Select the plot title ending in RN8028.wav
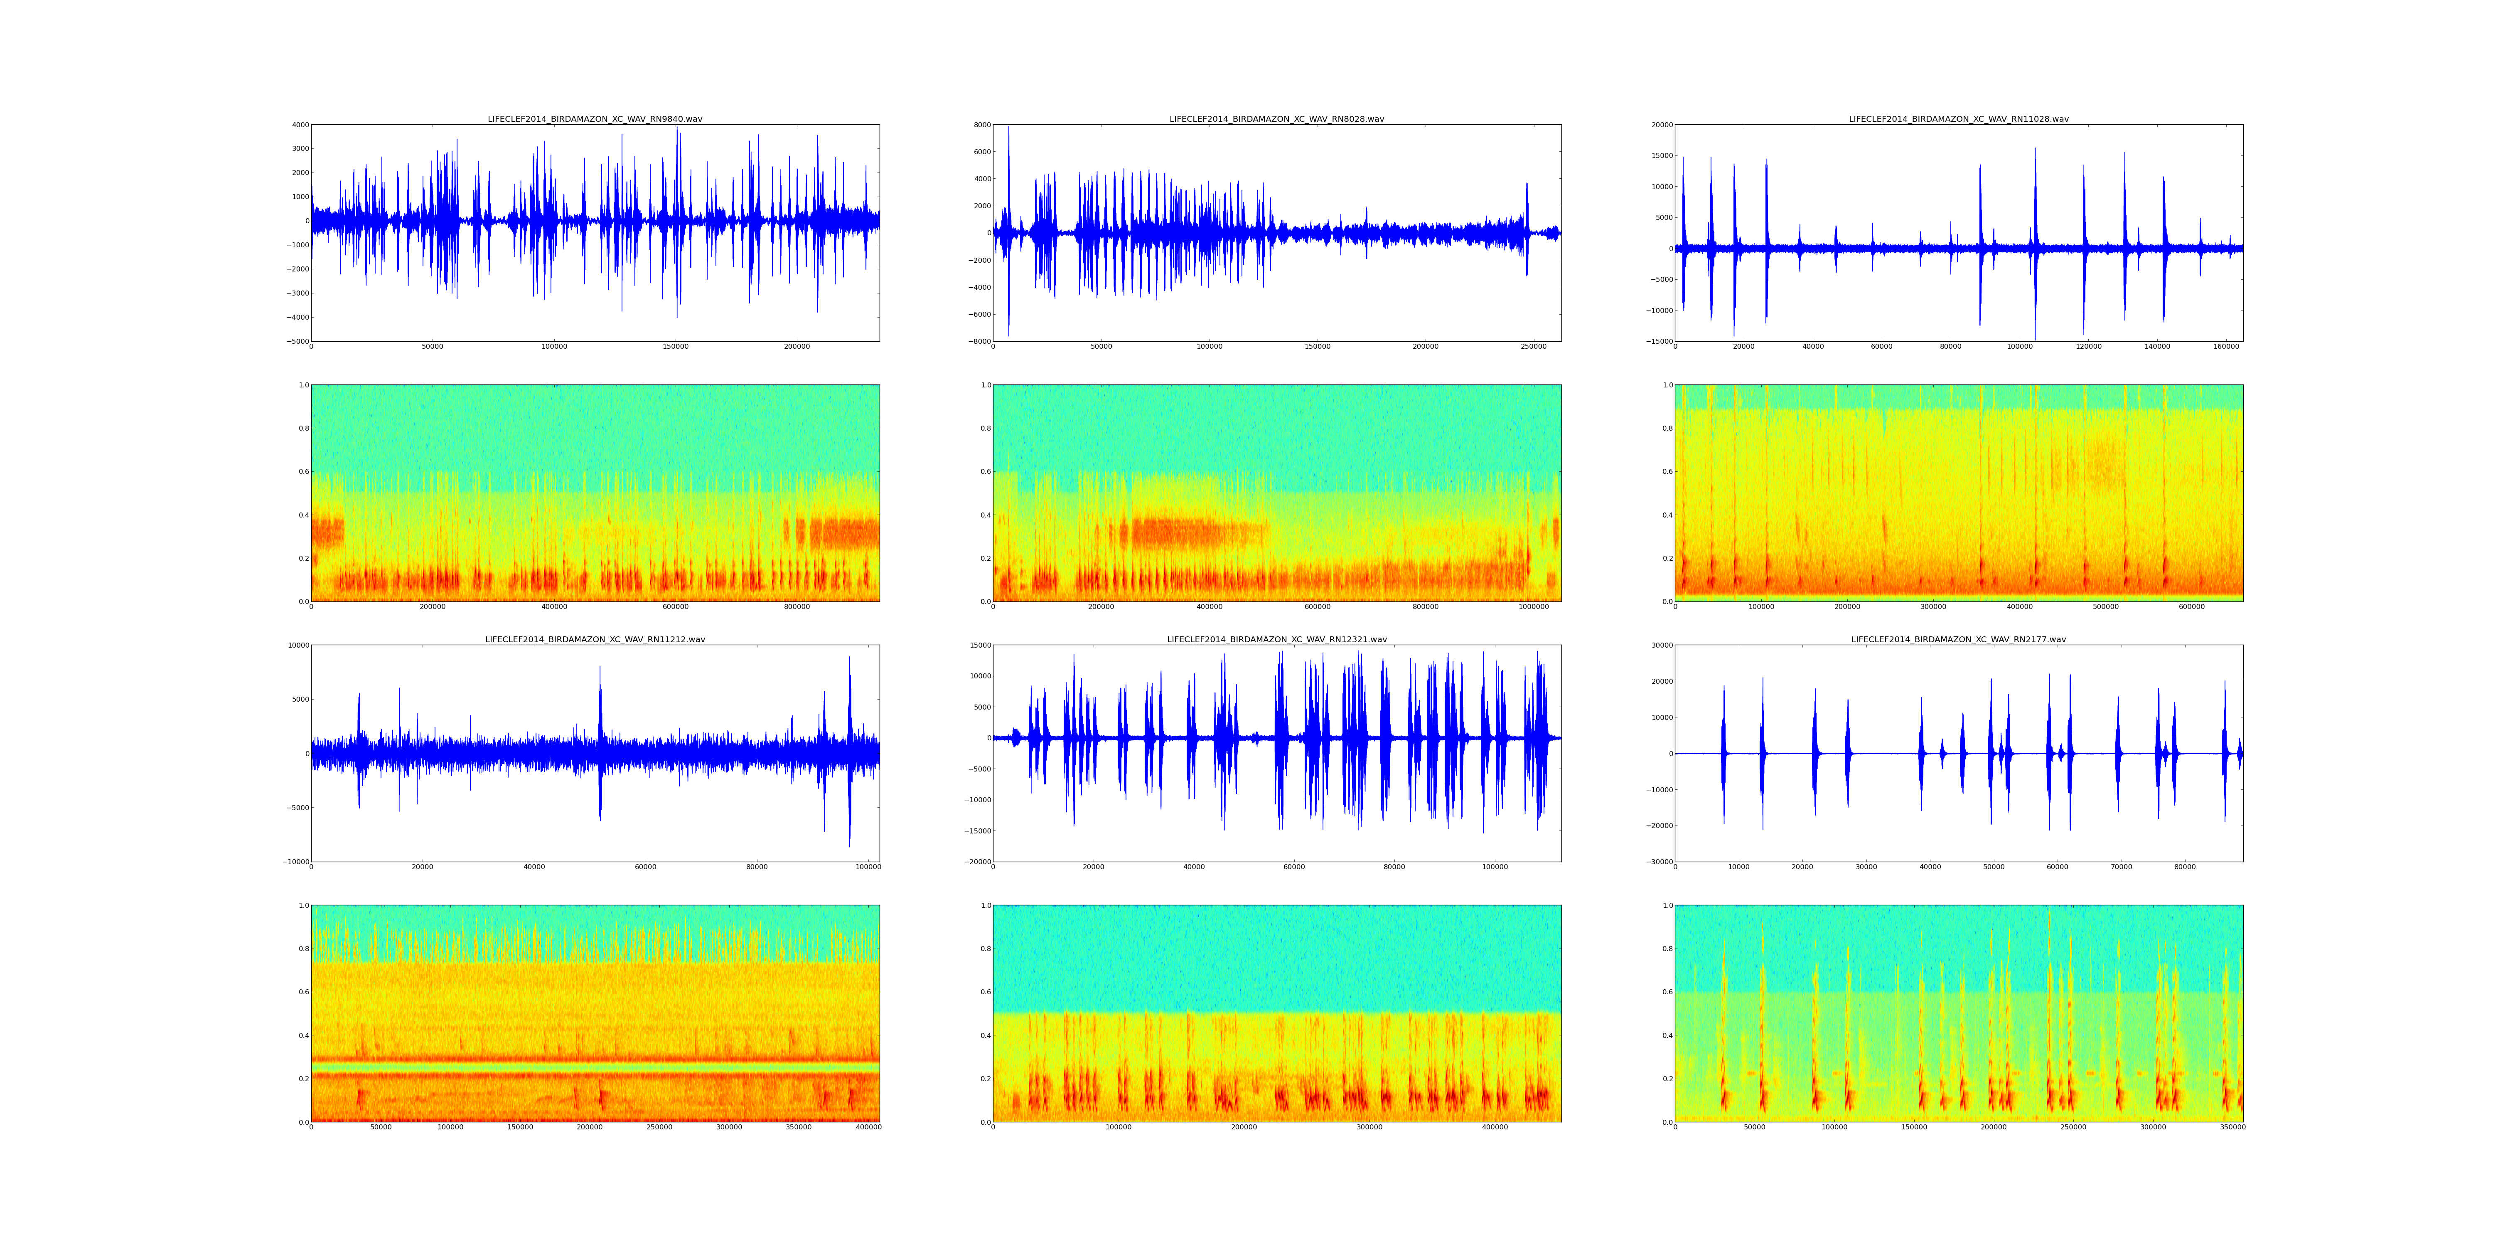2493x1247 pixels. (1276, 119)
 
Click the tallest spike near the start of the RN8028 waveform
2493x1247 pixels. (1008, 131)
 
